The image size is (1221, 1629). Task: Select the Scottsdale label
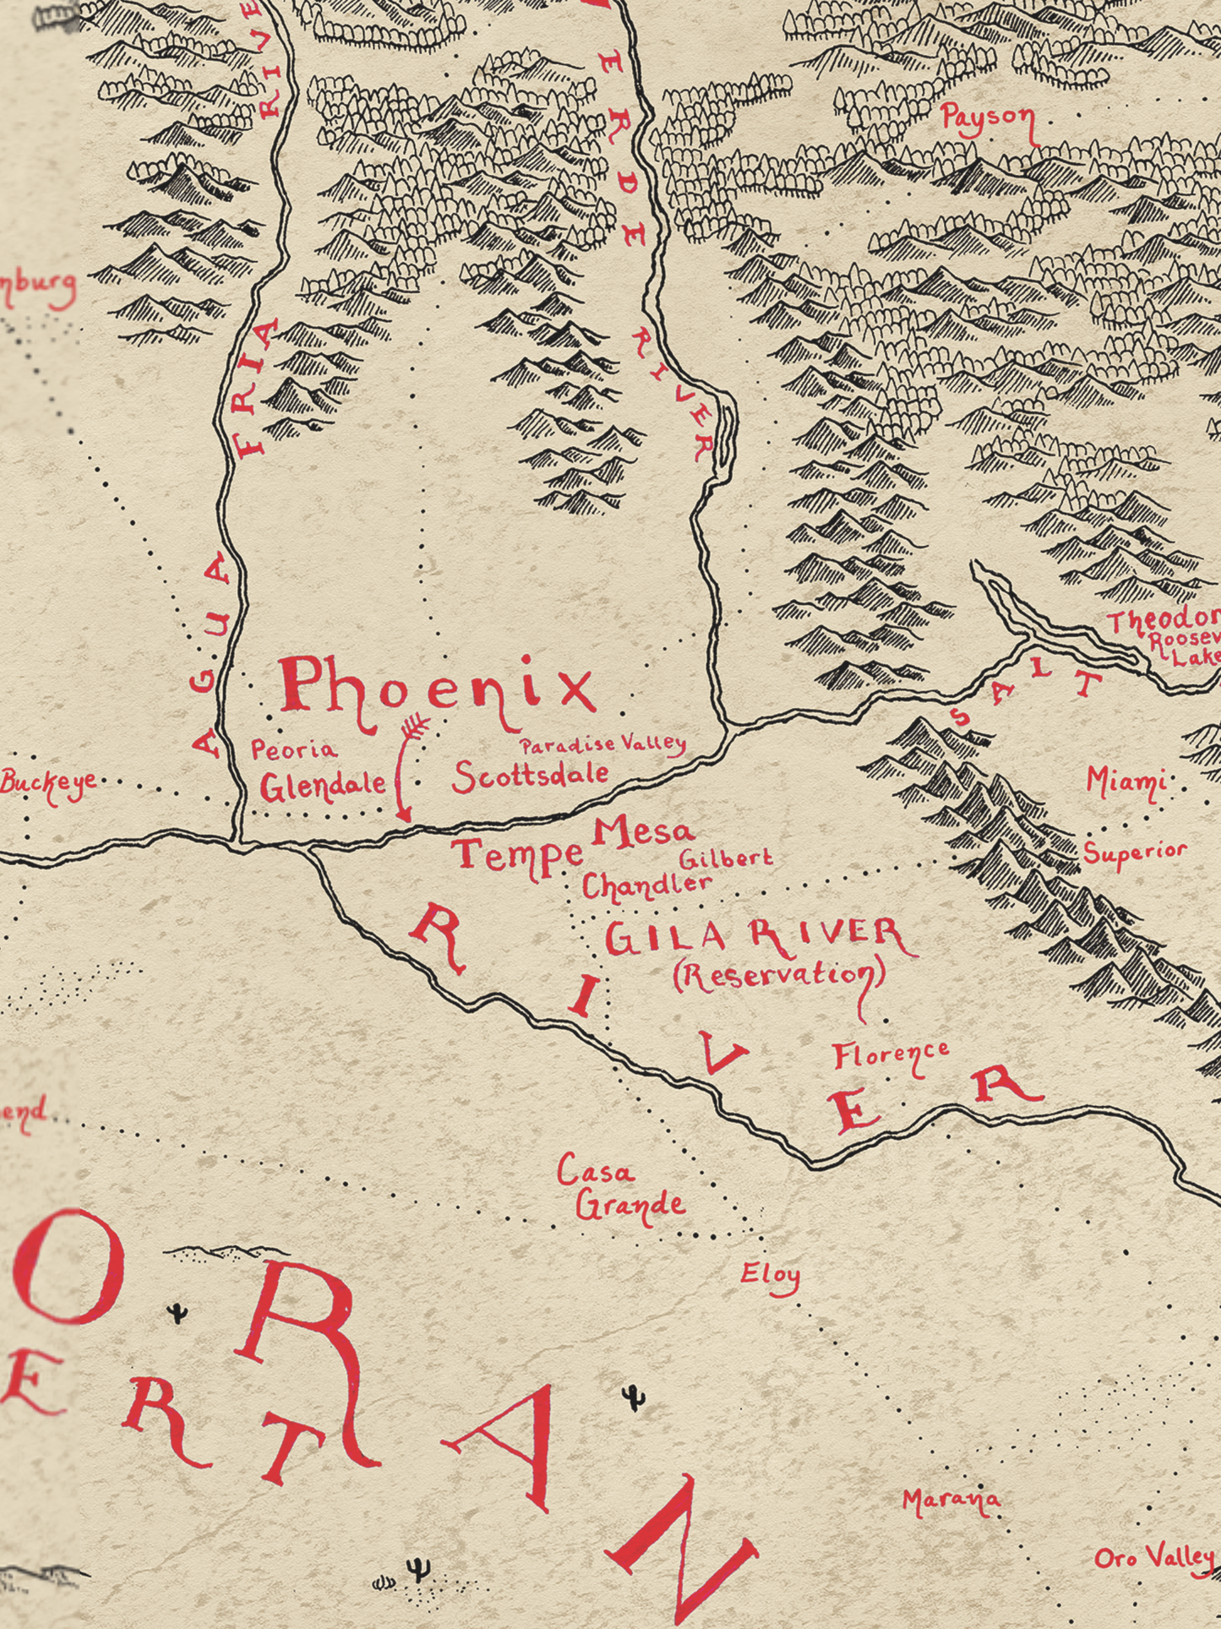[x=531, y=775]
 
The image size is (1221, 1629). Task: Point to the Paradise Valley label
[x=602, y=745]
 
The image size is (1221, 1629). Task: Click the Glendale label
[x=322, y=787]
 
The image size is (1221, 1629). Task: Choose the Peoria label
[x=294, y=749]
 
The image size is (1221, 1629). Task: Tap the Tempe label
[x=517, y=856]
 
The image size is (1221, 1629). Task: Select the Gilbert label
[x=726, y=858]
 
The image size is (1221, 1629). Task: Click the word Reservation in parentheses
[x=779, y=975]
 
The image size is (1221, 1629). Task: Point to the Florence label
[x=891, y=1056]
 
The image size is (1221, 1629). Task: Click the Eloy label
[x=770, y=1276]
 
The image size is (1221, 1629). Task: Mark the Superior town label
[x=1135, y=853]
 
